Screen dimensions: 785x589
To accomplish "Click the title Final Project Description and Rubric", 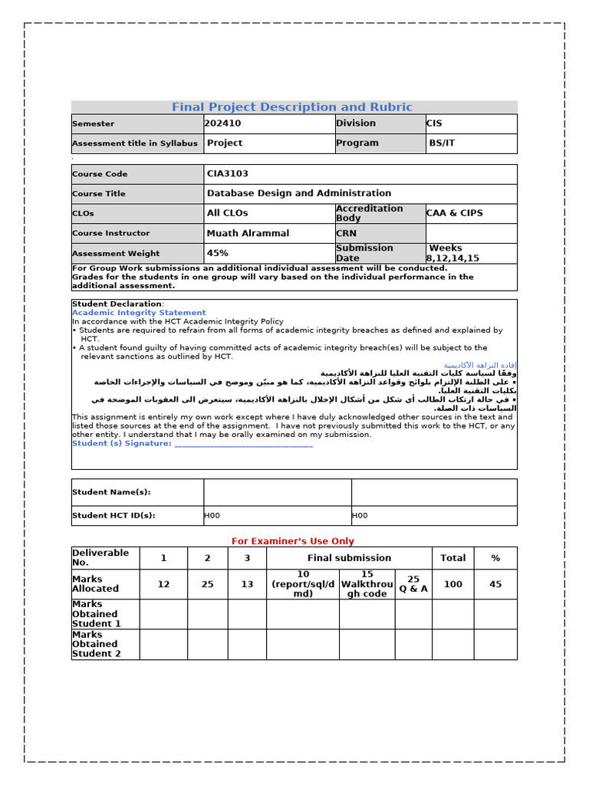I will [x=291, y=107].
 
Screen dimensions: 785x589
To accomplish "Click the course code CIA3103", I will [x=228, y=174].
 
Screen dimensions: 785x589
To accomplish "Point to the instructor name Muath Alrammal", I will [x=248, y=233].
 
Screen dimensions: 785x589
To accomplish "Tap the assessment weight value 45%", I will [x=218, y=253].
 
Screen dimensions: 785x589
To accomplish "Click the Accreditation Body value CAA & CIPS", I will [x=455, y=213].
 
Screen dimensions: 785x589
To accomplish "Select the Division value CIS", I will [x=434, y=123].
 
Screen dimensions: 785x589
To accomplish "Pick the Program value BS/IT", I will [x=442, y=143].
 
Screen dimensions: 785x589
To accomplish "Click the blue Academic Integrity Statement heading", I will [x=139, y=313].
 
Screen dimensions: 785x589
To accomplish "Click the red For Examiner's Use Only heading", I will [x=293, y=541].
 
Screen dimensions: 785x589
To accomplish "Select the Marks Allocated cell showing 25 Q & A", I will [x=413, y=584].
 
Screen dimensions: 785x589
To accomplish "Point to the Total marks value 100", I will [x=452, y=584].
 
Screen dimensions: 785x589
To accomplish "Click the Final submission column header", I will [x=349, y=558].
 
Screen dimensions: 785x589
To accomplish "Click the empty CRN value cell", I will [x=471, y=233].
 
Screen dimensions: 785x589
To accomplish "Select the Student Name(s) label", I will [x=111, y=492].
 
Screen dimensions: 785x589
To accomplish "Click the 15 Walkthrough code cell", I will [x=367, y=584].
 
